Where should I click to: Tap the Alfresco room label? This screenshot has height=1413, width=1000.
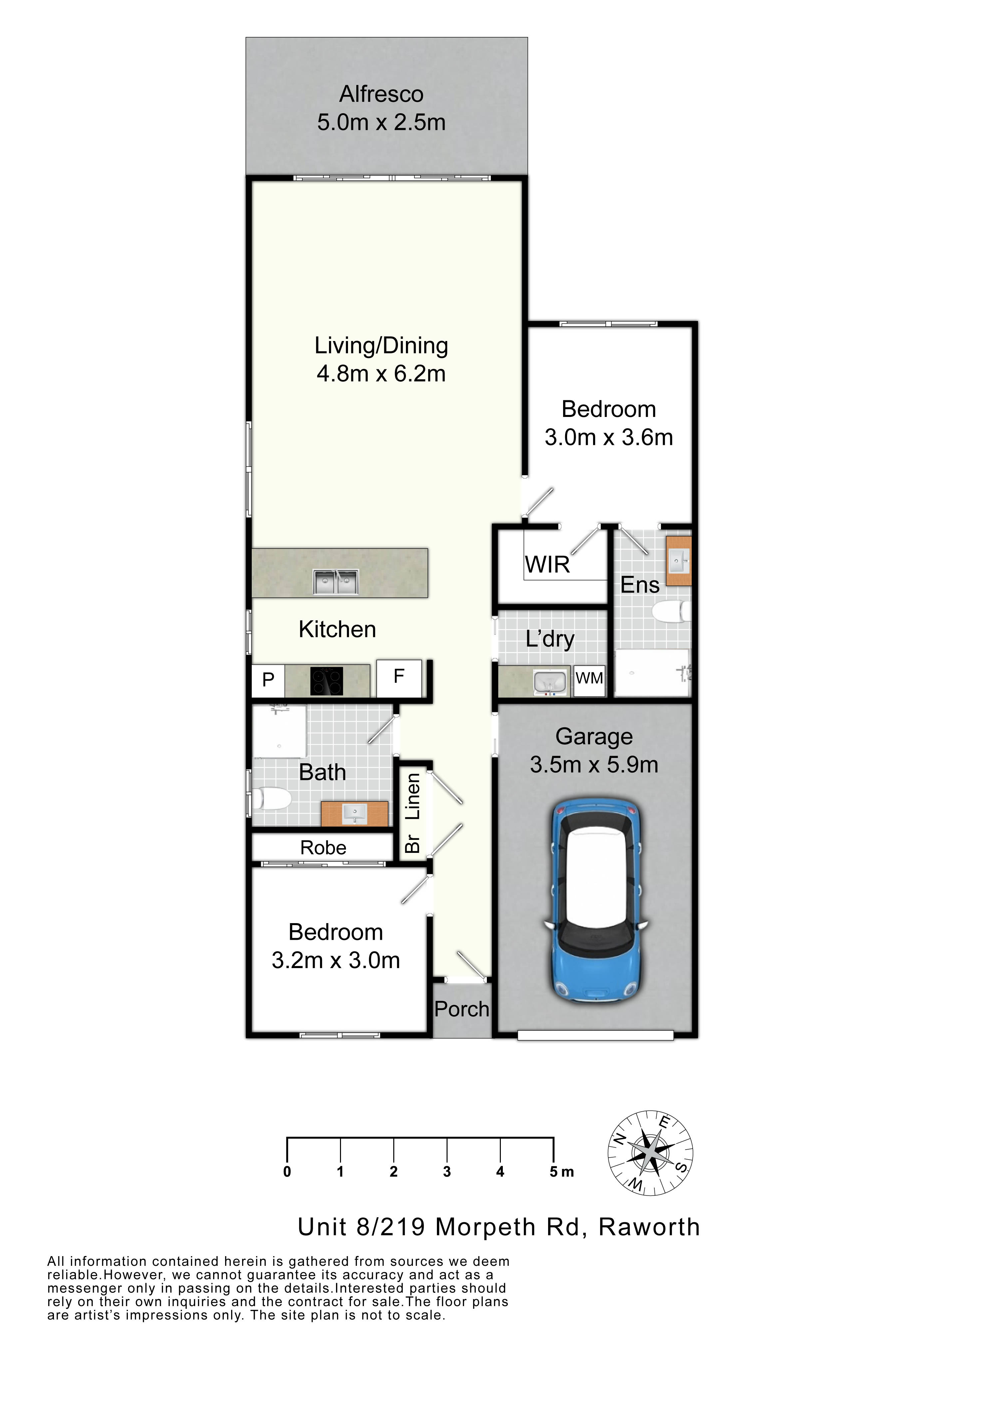[x=381, y=94]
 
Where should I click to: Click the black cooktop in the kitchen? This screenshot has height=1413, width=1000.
[x=326, y=681]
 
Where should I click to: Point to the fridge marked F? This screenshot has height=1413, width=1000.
[x=399, y=678]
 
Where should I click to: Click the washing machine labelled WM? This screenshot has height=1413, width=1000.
[x=589, y=680]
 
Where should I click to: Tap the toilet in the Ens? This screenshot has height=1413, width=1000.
[x=671, y=612]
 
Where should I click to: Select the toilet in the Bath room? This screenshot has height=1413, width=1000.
[x=271, y=799]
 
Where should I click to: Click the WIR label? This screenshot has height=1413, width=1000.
[x=547, y=564]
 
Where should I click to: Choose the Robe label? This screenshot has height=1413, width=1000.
[x=323, y=848]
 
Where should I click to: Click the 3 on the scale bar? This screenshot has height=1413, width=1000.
[x=447, y=1172]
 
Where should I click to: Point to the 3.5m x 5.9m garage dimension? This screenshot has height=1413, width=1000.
[x=594, y=765]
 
